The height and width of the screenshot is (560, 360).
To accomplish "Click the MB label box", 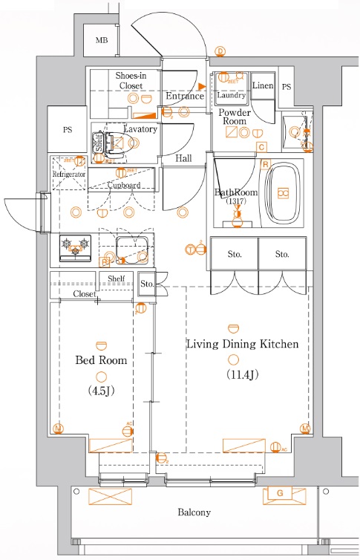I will tap(102, 41).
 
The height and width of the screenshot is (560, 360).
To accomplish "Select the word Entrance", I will tap(184, 97).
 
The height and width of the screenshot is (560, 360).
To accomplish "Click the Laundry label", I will tap(232, 95).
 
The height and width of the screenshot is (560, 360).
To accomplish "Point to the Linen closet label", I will tap(263, 86).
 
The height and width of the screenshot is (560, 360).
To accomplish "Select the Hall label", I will tap(184, 159).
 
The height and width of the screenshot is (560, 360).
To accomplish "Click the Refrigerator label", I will tap(69, 175).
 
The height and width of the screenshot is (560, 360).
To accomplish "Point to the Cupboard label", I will tap(122, 185).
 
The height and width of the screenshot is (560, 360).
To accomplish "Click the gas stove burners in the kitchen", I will tap(74, 245).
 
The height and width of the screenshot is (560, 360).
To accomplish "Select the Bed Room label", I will tap(102, 360).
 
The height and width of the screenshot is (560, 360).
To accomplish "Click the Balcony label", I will tap(194, 512).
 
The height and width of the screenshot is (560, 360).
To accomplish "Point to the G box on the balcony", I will tap(279, 493).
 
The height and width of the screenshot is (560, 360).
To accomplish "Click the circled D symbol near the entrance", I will tap(220, 51).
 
